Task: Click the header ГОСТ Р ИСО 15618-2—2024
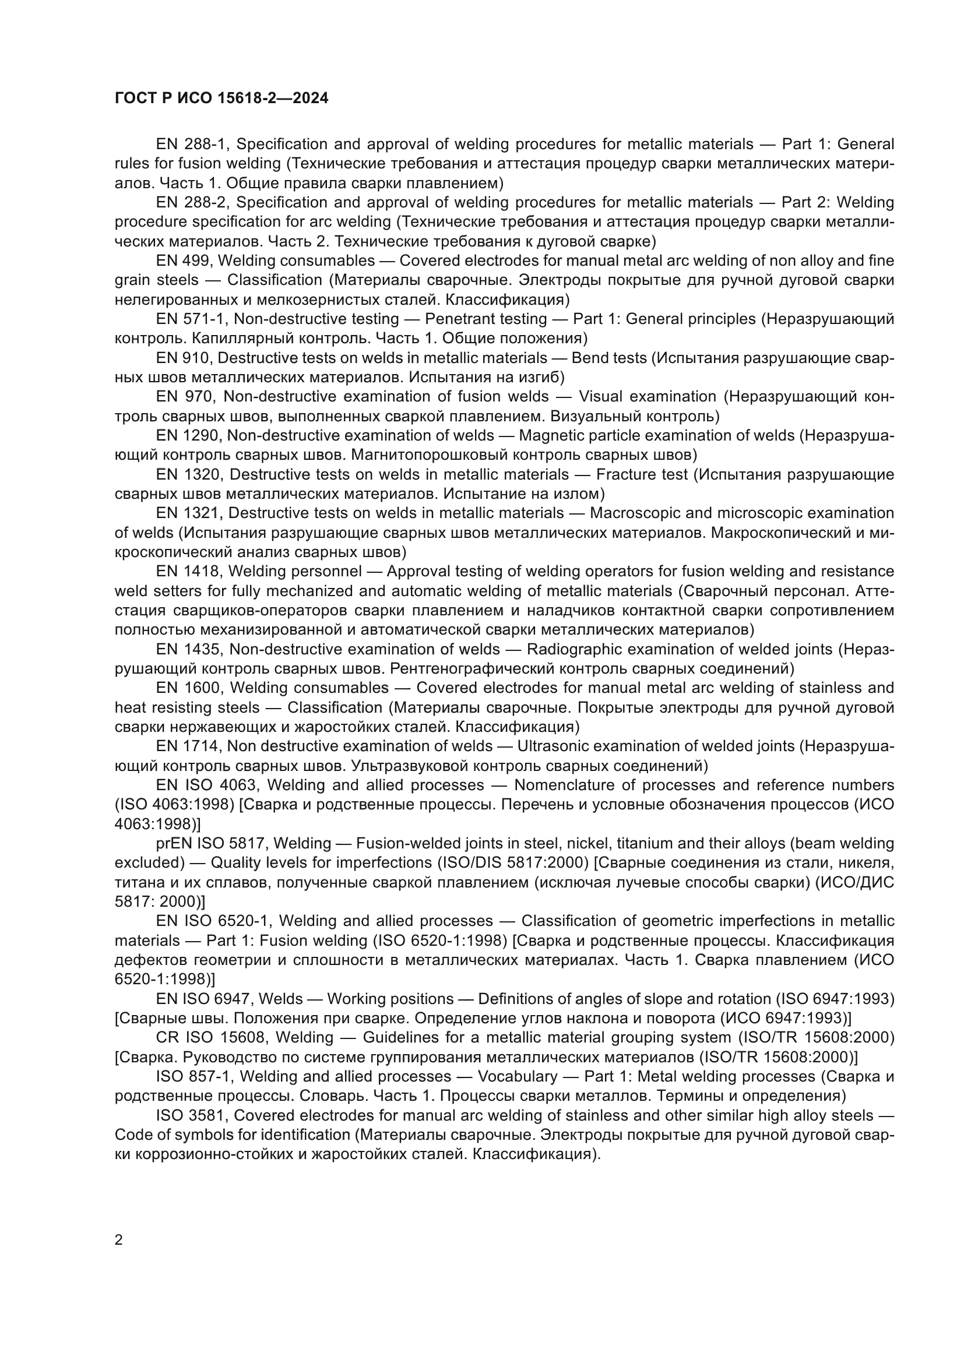click(x=221, y=98)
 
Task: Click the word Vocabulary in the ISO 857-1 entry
click(x=518, y=1076)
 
